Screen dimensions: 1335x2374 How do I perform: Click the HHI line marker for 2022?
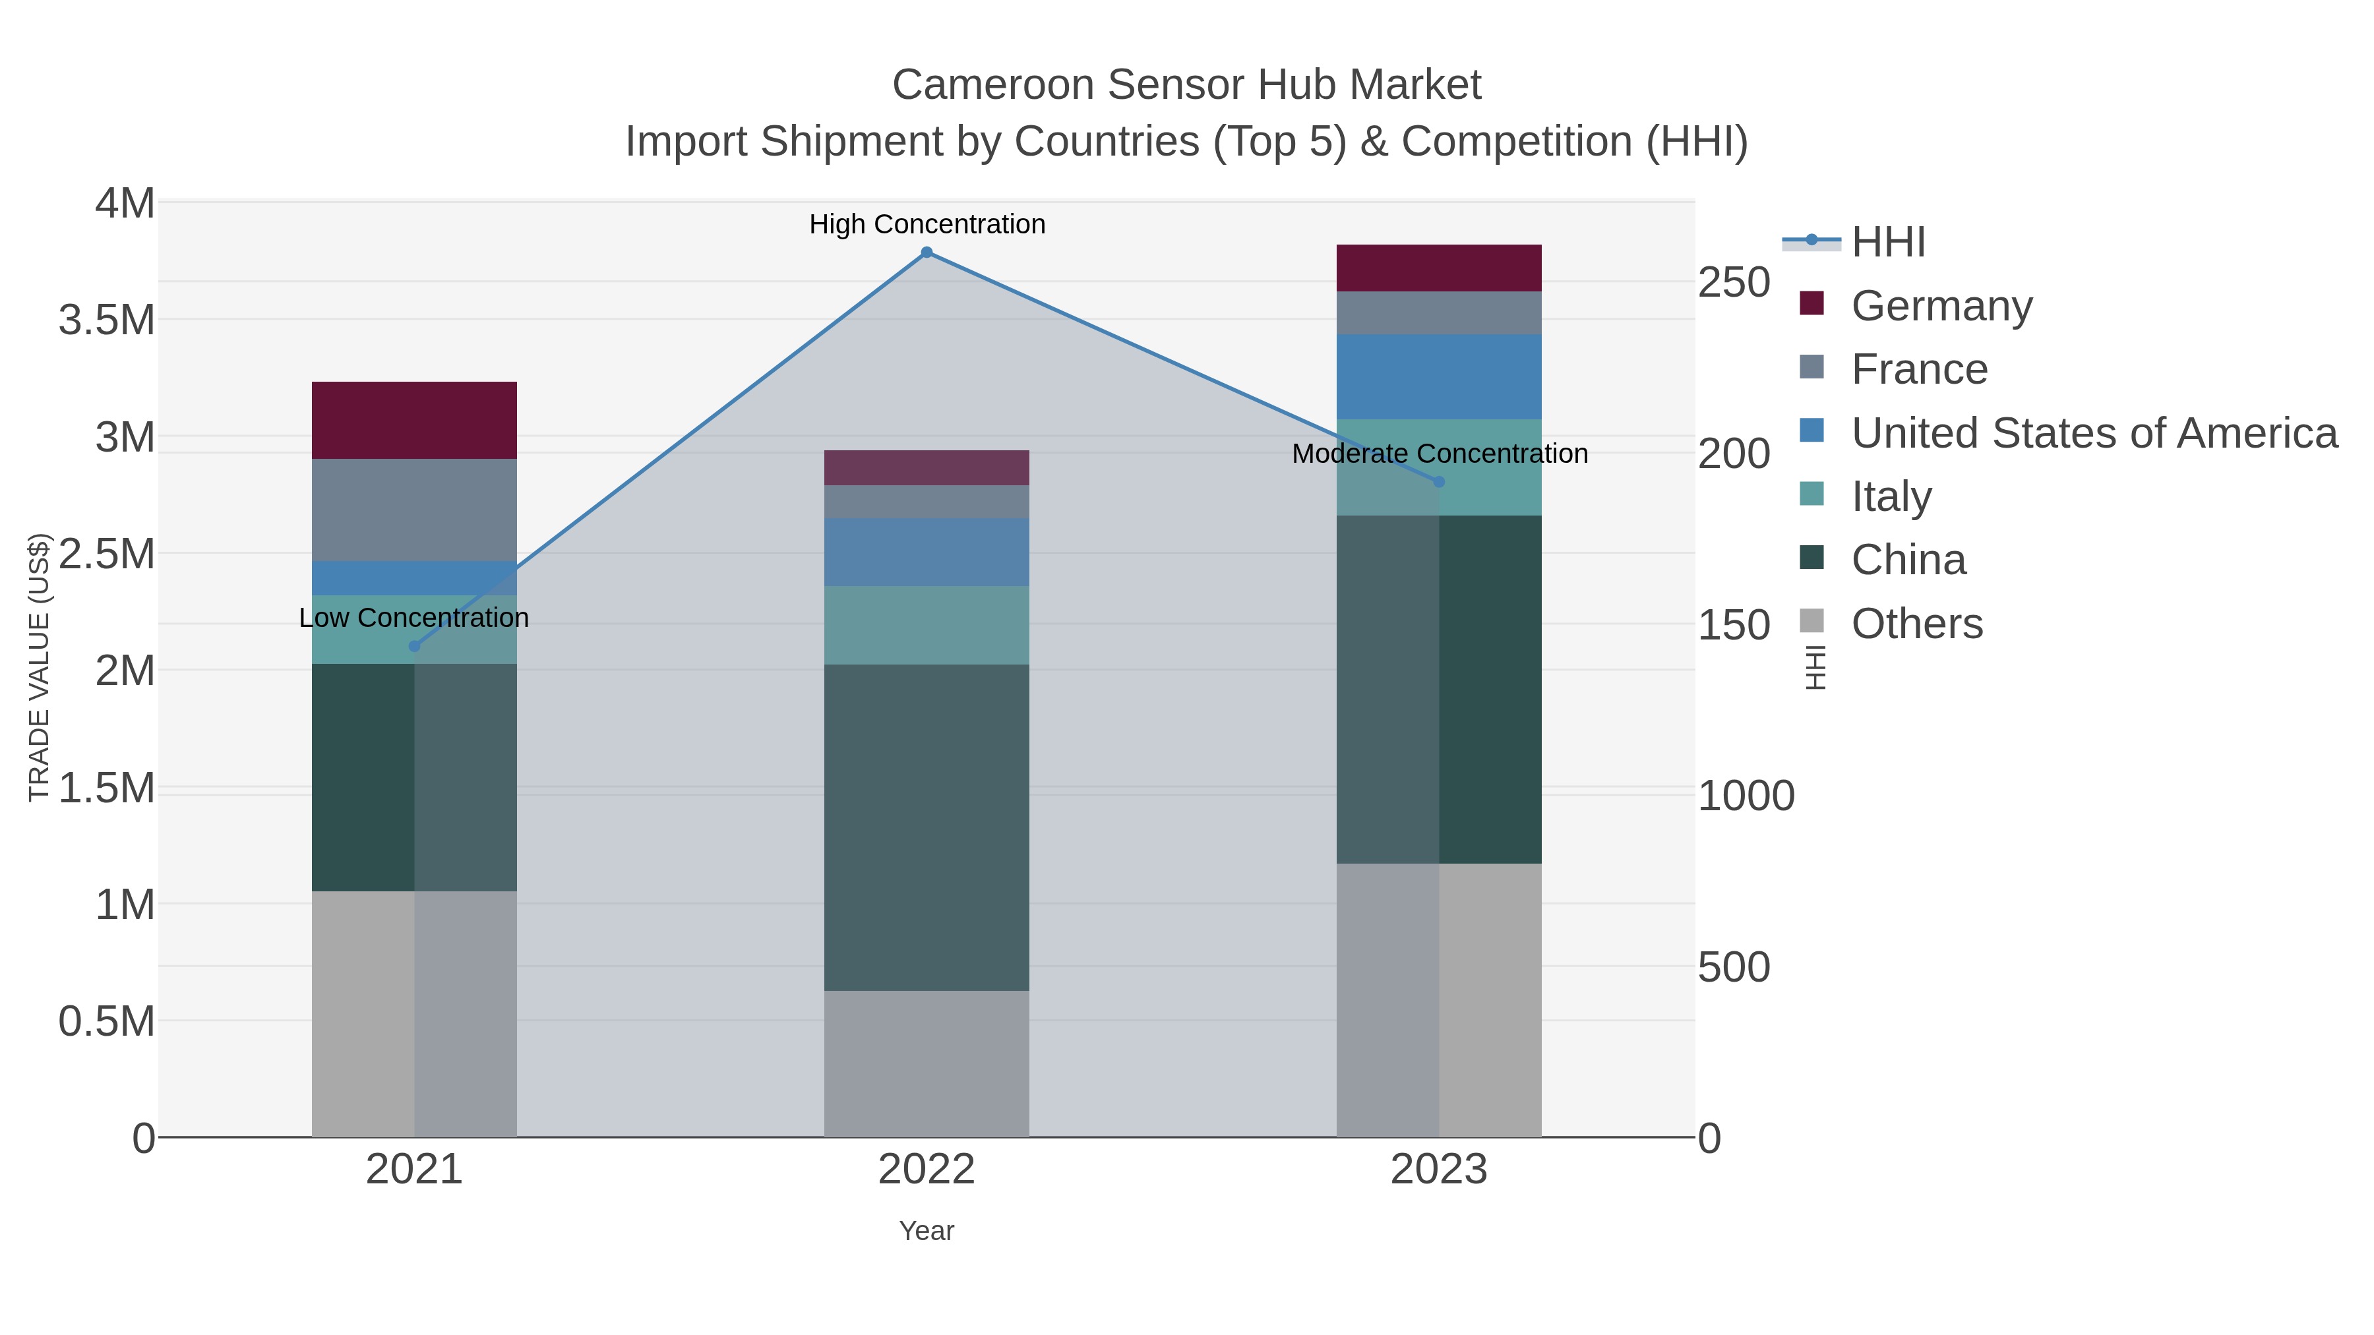coord(927,252)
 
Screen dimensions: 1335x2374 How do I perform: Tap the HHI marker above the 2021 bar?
coord(413,646)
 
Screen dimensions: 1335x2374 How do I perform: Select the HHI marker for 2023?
coord(1439,482)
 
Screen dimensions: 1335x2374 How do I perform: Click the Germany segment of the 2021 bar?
coord(413,420)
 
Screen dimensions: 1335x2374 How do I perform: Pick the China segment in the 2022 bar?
coord(927,827)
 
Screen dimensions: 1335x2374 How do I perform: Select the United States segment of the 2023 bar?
coord(1439,377)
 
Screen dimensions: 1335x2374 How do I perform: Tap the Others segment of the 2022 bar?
coord(927,1063)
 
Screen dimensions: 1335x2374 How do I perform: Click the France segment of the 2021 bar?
coord(413,510)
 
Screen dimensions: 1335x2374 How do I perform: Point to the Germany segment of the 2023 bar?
coord(1439,268)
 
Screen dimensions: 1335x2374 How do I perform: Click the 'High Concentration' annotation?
coord(927,224)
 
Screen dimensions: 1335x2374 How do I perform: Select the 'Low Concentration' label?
coord(413,617)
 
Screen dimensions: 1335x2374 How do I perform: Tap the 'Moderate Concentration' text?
coord(1439,454)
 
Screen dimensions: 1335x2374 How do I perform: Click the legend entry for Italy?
coord(1891,496)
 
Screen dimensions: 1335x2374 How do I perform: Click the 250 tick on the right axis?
coord(1734,282)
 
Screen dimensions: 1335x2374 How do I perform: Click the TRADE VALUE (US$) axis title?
coord(39,667)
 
